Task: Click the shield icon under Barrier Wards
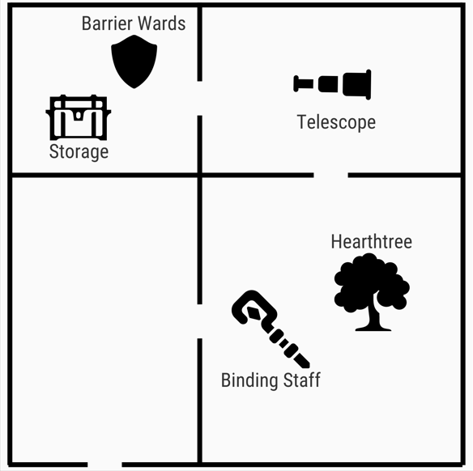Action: [134, 62]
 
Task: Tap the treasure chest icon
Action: [79, 117]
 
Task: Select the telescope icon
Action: [332, 84]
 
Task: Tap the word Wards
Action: [162, 23]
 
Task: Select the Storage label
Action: [79, 151]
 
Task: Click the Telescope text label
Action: [336, 122]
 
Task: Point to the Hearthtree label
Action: [372, 241]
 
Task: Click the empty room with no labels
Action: [104, 320]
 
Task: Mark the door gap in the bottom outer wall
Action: [104, 465]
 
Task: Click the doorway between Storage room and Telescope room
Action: [200, 98]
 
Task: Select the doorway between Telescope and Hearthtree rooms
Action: [331, 175]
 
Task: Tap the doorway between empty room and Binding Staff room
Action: [200, 321]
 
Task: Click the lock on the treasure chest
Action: [79, 115]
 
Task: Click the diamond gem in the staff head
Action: [254, 313]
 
